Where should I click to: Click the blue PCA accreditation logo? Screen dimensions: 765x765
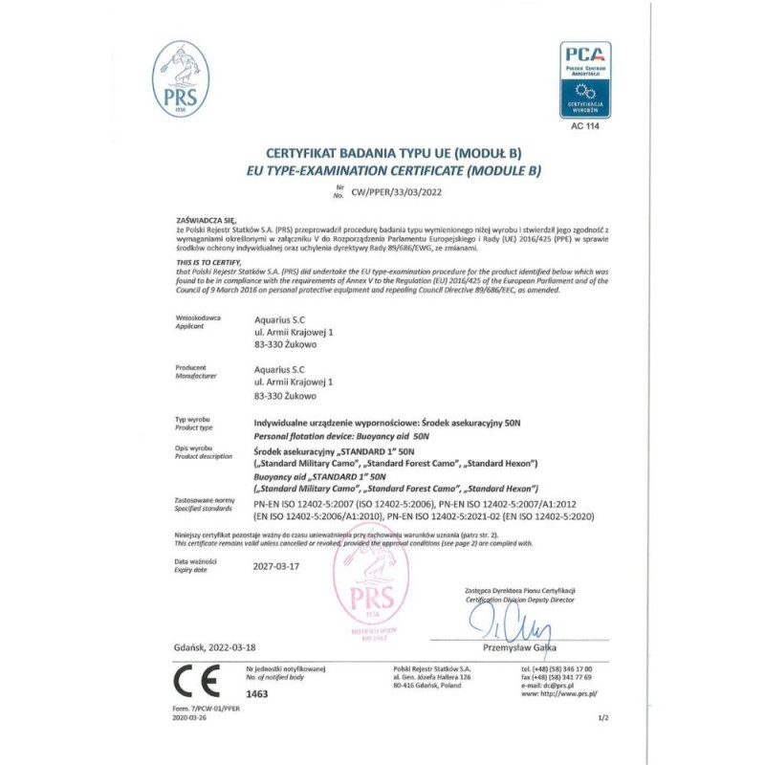point(585,79)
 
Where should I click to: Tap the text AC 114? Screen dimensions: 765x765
point(585,125)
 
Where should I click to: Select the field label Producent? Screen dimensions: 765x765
point(191,367)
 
